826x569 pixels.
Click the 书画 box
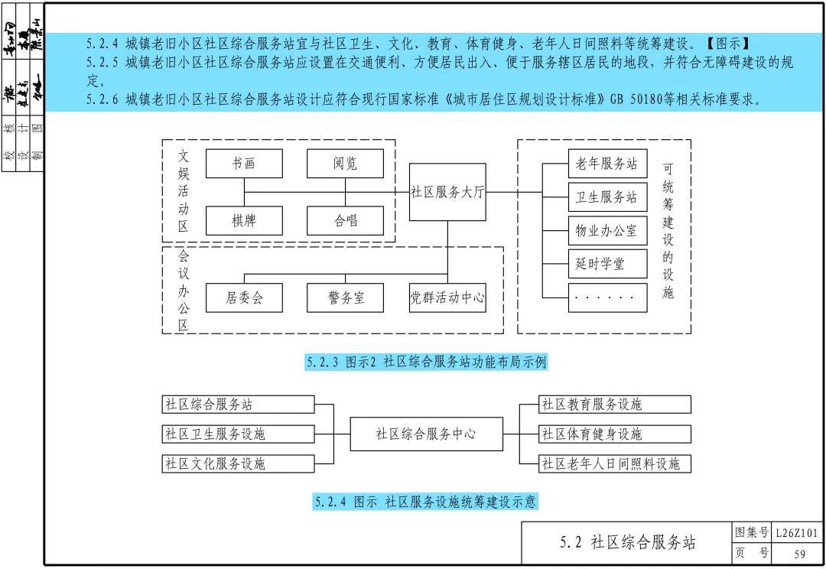click(x=244, y=164)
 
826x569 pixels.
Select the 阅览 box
click(x=345, y=164)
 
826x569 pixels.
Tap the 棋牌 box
click(x=244, y=221)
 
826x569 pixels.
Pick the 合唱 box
click(x=345, y=221)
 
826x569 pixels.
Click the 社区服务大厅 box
click(x=447, y=192)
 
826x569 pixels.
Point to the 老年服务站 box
click(x=607, y=164)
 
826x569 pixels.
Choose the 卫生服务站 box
click(x=607, y=197)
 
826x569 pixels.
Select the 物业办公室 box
click(x=607, y=230)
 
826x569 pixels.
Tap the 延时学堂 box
click(x=607, y=264)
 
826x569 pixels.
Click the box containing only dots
click(x=607, y=298)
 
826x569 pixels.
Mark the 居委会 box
click(x=244, y=298)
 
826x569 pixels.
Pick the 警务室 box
click(x=345, y=298)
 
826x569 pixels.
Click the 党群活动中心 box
click(x=447, y=298)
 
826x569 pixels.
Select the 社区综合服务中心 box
click(x=426, y=434)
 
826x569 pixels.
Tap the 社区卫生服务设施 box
click(x=238, y=434)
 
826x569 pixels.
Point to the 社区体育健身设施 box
click(x=614, y=434)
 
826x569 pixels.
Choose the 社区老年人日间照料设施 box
click(x=614, y=463)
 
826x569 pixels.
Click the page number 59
click(x=799, y=554)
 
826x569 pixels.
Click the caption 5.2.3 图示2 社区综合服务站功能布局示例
click(x=426, y=363)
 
